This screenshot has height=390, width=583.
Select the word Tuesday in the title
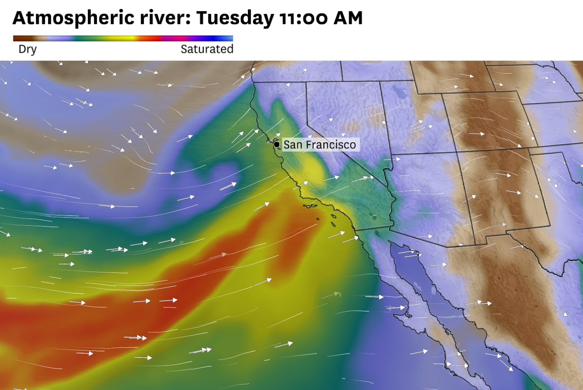point(234,18)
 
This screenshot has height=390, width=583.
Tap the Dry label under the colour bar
point(27,49)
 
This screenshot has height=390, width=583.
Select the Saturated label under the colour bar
point(207,49)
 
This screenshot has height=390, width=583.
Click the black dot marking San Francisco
point(277,145)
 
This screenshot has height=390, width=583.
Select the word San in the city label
point(292,145)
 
